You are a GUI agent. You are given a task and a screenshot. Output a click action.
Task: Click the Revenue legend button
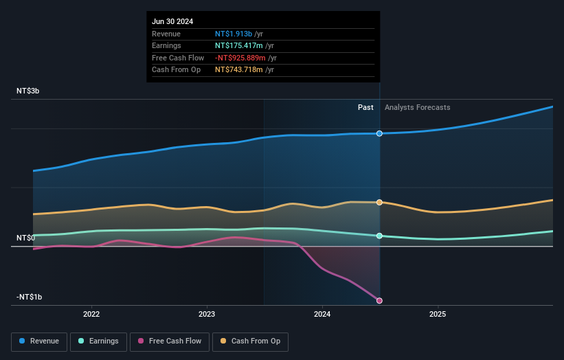39,341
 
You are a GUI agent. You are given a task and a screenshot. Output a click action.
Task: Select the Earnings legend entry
99,341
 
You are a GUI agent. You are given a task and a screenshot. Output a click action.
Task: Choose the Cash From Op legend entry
251,341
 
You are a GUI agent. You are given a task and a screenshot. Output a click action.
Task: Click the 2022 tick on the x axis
91,315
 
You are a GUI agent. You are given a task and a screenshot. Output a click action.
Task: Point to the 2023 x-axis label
207,315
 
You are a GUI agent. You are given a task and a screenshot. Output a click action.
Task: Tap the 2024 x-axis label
322,315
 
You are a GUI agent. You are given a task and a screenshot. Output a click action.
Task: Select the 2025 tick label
438,315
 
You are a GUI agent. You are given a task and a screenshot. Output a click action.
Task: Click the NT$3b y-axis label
28,91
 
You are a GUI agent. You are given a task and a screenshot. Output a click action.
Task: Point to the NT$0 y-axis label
25,238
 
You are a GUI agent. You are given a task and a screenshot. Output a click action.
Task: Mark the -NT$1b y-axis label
30,297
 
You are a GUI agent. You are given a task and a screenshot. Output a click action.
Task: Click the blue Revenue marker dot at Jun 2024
379,133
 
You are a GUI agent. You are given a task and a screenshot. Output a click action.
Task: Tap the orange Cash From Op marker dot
379,202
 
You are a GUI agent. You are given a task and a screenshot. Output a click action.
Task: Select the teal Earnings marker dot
379,236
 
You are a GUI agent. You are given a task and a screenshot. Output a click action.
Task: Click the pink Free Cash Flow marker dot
379,300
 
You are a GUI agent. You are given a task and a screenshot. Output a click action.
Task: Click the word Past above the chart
365,107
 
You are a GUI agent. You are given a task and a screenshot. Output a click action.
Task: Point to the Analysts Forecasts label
418,107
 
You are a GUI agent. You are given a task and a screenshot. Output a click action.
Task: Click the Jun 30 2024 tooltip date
172,21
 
